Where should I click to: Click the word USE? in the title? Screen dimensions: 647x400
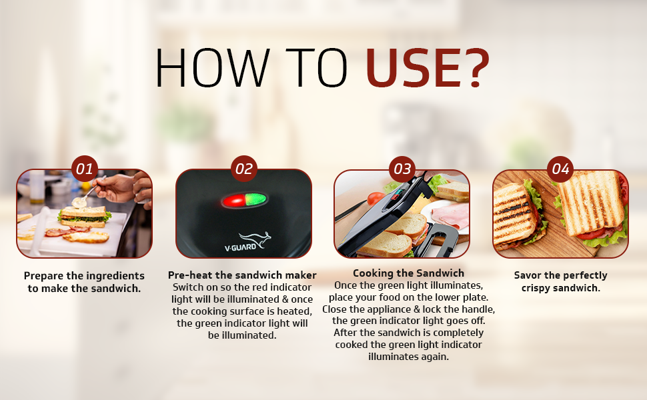[428, 67]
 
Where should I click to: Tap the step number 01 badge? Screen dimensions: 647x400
[84, 169]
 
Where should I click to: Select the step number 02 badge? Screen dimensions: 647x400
[243, 169]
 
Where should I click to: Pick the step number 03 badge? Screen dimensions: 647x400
[402, 169]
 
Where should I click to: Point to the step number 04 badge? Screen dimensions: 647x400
[560, 169]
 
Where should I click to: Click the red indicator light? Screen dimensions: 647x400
[233, 201]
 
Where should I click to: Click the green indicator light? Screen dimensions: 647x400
[256, 199]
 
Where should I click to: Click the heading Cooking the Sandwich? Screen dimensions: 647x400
[408, 273]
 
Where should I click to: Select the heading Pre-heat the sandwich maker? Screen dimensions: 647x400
[242, 275]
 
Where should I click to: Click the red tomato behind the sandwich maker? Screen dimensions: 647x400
[376, 199]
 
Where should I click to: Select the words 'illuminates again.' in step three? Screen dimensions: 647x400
[408, 357]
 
